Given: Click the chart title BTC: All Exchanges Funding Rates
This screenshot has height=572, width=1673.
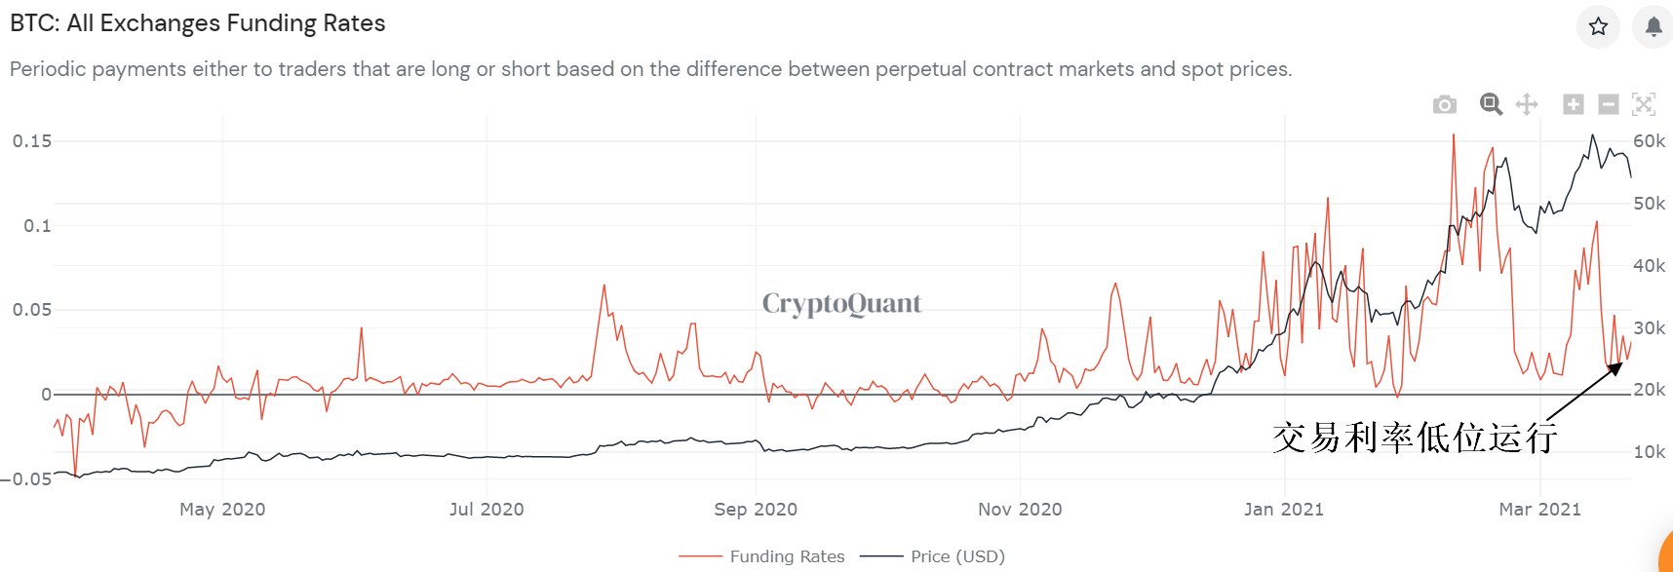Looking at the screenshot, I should coord(198,23).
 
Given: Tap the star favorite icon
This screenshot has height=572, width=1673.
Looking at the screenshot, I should coord(1598,26).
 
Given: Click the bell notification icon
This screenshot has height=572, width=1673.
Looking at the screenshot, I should coord(1654,26).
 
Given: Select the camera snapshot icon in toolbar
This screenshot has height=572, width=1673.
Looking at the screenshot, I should coord(1445,104).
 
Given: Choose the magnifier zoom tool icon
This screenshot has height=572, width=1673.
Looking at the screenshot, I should coord(1491,104).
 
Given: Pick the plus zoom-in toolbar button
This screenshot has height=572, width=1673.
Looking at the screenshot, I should coord(1573,104).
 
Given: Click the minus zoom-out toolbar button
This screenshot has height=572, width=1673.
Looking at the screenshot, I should coord(1609,104).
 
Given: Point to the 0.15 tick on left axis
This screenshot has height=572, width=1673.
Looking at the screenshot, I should coord(32,141).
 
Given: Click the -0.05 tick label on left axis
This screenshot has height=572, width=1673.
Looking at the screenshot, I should coord(26,478).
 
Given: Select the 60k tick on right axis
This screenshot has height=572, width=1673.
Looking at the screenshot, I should coord(1649,141).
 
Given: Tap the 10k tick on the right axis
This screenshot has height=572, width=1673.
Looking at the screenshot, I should coord(1649,452).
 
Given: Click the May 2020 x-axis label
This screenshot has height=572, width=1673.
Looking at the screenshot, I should coord(222,509).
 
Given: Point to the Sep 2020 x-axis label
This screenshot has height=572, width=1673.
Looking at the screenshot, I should coord(756,509).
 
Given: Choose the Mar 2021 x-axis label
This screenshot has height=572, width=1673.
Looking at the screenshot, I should coord(1539,509).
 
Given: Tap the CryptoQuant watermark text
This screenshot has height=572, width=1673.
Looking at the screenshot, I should coord(841,304).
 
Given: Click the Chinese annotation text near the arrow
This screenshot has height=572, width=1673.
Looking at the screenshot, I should coord(1414,438).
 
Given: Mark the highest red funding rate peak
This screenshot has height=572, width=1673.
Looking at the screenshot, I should coord(1454,135).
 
